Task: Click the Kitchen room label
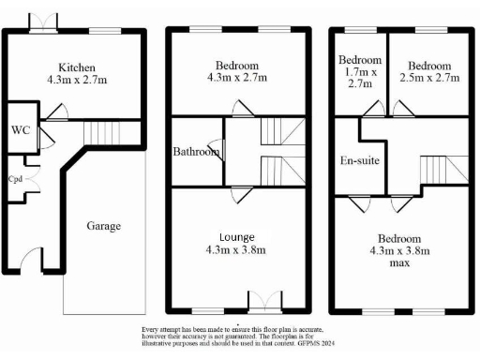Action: pos(76,67)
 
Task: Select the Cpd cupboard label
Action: pos(16,178)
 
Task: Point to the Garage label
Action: pos(103,226)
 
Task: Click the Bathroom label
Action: pos(196,150)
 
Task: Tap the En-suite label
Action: pos(358,161)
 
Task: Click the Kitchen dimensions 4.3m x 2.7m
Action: pos(76,82)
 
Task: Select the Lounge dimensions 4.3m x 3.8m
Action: pos(238,251)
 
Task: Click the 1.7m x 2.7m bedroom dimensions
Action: pos(360,76)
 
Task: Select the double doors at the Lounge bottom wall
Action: pos(264,301)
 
